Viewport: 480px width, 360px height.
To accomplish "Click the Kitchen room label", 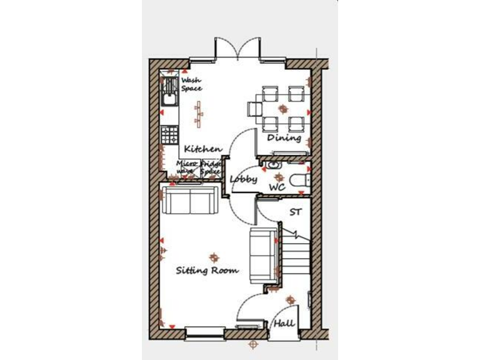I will coord(202,149).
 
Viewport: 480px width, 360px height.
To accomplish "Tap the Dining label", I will coord(284,138).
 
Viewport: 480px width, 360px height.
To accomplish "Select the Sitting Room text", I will coord(207,271).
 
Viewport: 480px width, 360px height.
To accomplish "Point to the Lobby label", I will coord(243,179).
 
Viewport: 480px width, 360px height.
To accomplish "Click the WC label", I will coord(277,187).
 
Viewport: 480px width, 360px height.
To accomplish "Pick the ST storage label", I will coord(296,212).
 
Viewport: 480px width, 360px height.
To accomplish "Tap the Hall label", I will coord(284,324).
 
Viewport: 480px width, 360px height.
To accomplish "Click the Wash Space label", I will coord(191,84).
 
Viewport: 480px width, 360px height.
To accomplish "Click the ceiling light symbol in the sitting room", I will coord(214,257).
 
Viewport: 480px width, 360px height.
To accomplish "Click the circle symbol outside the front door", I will coord(252,344).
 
